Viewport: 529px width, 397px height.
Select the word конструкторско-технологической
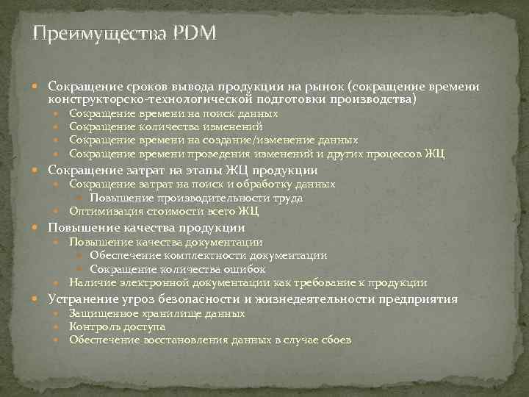coord(152,98)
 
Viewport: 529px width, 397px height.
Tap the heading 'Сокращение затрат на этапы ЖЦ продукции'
coord(182,170)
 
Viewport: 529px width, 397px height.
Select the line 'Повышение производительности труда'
coord(196,198)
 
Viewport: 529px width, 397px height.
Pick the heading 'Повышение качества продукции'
coord(146,227)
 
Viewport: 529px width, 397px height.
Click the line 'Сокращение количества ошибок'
coord(178,269)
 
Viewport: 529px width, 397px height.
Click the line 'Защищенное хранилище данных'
coord(157,313)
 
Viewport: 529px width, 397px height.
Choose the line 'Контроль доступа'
coord(118,326)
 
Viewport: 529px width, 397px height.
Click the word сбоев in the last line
coord(336,340)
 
